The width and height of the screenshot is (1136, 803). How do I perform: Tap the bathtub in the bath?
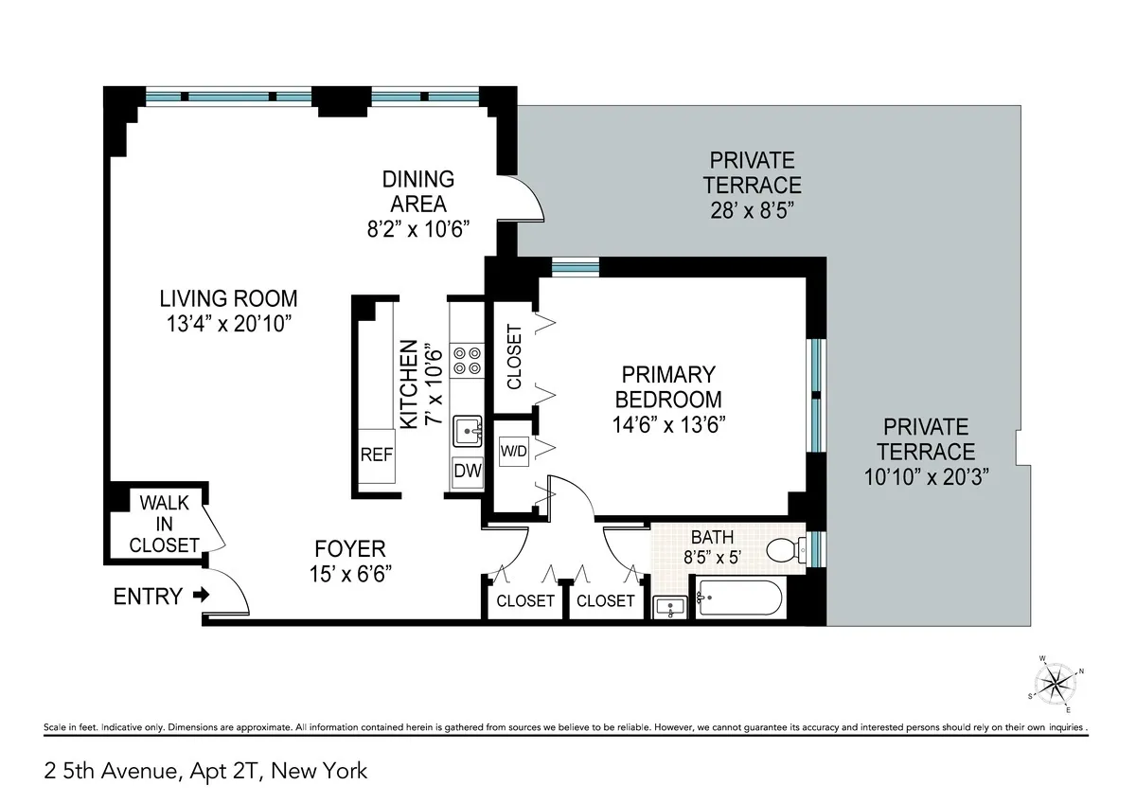pos(739,599)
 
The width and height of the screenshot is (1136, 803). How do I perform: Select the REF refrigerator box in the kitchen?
pos(376,455)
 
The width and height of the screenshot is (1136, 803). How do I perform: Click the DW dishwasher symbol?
pos(467,471)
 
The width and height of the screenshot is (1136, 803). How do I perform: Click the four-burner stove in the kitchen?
pos(467,360)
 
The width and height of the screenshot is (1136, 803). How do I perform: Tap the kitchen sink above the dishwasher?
pos(467,431)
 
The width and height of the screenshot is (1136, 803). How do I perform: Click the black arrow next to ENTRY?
pos(200,596)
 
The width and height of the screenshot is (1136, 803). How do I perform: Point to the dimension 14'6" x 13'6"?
pos(667,423)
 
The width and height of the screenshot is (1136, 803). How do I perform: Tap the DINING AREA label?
pos(417,190)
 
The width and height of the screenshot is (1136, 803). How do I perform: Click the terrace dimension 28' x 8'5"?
pos(754,210)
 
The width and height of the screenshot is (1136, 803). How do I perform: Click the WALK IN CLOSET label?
pos(165,524)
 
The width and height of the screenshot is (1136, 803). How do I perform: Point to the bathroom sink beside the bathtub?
pos(672,606)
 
